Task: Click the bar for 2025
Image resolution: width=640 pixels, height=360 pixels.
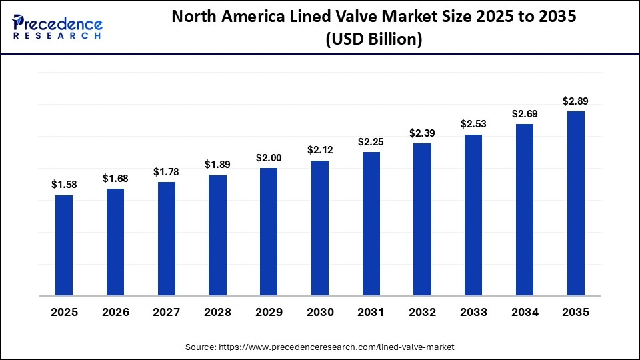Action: (64, 245)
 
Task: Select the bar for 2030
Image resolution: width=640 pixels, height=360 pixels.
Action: (320, 228)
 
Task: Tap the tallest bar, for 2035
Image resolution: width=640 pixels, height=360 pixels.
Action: (575, 203)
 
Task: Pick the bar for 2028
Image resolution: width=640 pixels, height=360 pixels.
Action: (217, 235)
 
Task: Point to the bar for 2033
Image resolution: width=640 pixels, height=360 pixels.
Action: (473, 215)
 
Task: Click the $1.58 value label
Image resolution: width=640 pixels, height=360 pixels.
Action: (64, 185)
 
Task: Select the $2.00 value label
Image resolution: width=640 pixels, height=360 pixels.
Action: (269, 158)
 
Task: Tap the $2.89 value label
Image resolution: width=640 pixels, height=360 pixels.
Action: (575, 101)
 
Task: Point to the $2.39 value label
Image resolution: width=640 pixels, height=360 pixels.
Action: (422, 133)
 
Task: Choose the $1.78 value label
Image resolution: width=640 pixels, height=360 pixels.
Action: (167, 172)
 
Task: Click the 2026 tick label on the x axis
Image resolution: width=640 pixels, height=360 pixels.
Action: (115, 312)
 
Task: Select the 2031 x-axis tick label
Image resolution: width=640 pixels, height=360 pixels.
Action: (371, 312)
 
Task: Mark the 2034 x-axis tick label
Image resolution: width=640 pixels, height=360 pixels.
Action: (525, 312)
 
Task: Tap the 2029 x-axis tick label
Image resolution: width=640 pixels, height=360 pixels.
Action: (269, 312)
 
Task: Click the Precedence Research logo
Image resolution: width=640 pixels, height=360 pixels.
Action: (56, 27)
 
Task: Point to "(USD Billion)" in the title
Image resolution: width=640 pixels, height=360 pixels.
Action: (374, 39)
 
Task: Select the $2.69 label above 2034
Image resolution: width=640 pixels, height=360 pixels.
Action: (525, 114)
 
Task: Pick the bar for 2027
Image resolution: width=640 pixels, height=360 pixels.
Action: (167, 239)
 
